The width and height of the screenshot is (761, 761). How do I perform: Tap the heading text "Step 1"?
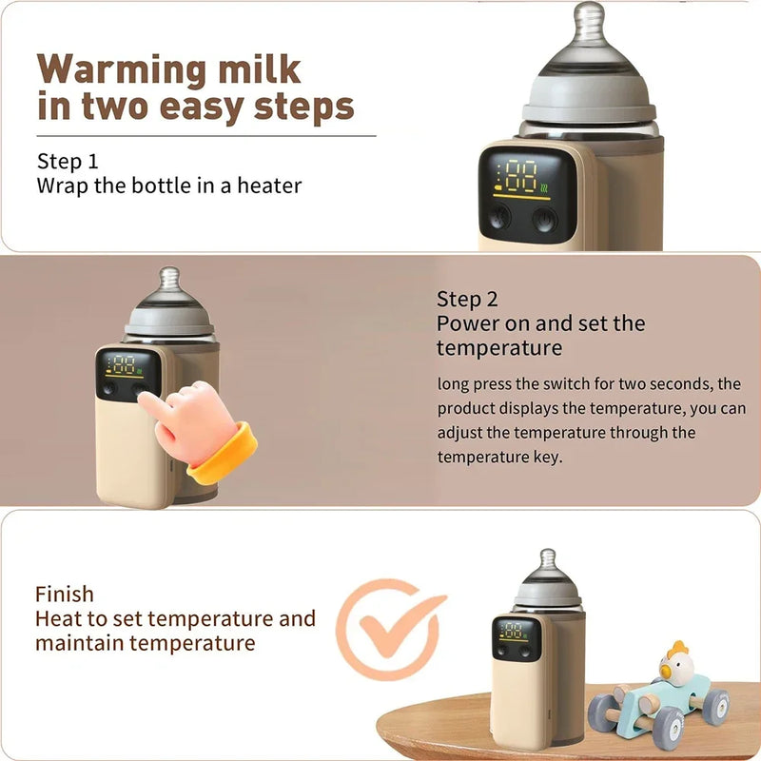68,161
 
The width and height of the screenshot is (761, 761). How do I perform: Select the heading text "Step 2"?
467,299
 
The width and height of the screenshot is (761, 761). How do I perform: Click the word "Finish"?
65,595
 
